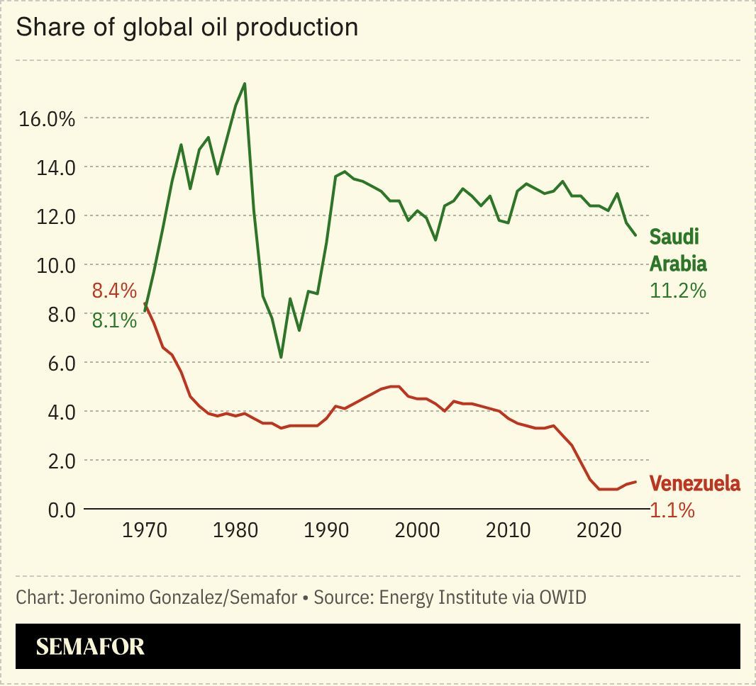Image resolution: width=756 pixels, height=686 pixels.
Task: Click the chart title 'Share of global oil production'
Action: click(187, 28)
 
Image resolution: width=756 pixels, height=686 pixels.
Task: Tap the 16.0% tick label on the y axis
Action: click(47, 118)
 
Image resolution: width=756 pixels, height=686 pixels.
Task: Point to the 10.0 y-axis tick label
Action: click(52, 265)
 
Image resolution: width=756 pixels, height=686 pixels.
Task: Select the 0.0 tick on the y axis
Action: click(57, 510)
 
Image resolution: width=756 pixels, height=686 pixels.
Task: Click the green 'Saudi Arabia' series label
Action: click(678, 249)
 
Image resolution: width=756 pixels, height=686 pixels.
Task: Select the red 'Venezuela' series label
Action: click(695, 484)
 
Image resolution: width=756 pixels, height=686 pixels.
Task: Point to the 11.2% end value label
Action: click(678, 291)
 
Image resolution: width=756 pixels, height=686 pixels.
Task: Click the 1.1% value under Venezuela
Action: click(672, 510)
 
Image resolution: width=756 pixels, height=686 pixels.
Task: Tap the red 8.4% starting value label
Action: click(113, 291)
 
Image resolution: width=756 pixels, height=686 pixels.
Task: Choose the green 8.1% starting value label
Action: click(113, 320)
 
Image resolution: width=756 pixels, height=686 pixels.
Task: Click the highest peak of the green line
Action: click(245, 84)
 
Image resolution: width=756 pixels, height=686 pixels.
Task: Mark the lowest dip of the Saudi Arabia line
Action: click(281, 357)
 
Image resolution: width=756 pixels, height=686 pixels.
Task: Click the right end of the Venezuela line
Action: click(636, 482)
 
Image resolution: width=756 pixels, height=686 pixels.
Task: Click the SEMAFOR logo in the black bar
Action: click(90, 646)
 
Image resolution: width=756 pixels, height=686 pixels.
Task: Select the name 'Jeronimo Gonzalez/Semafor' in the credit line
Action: click(183, 597)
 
